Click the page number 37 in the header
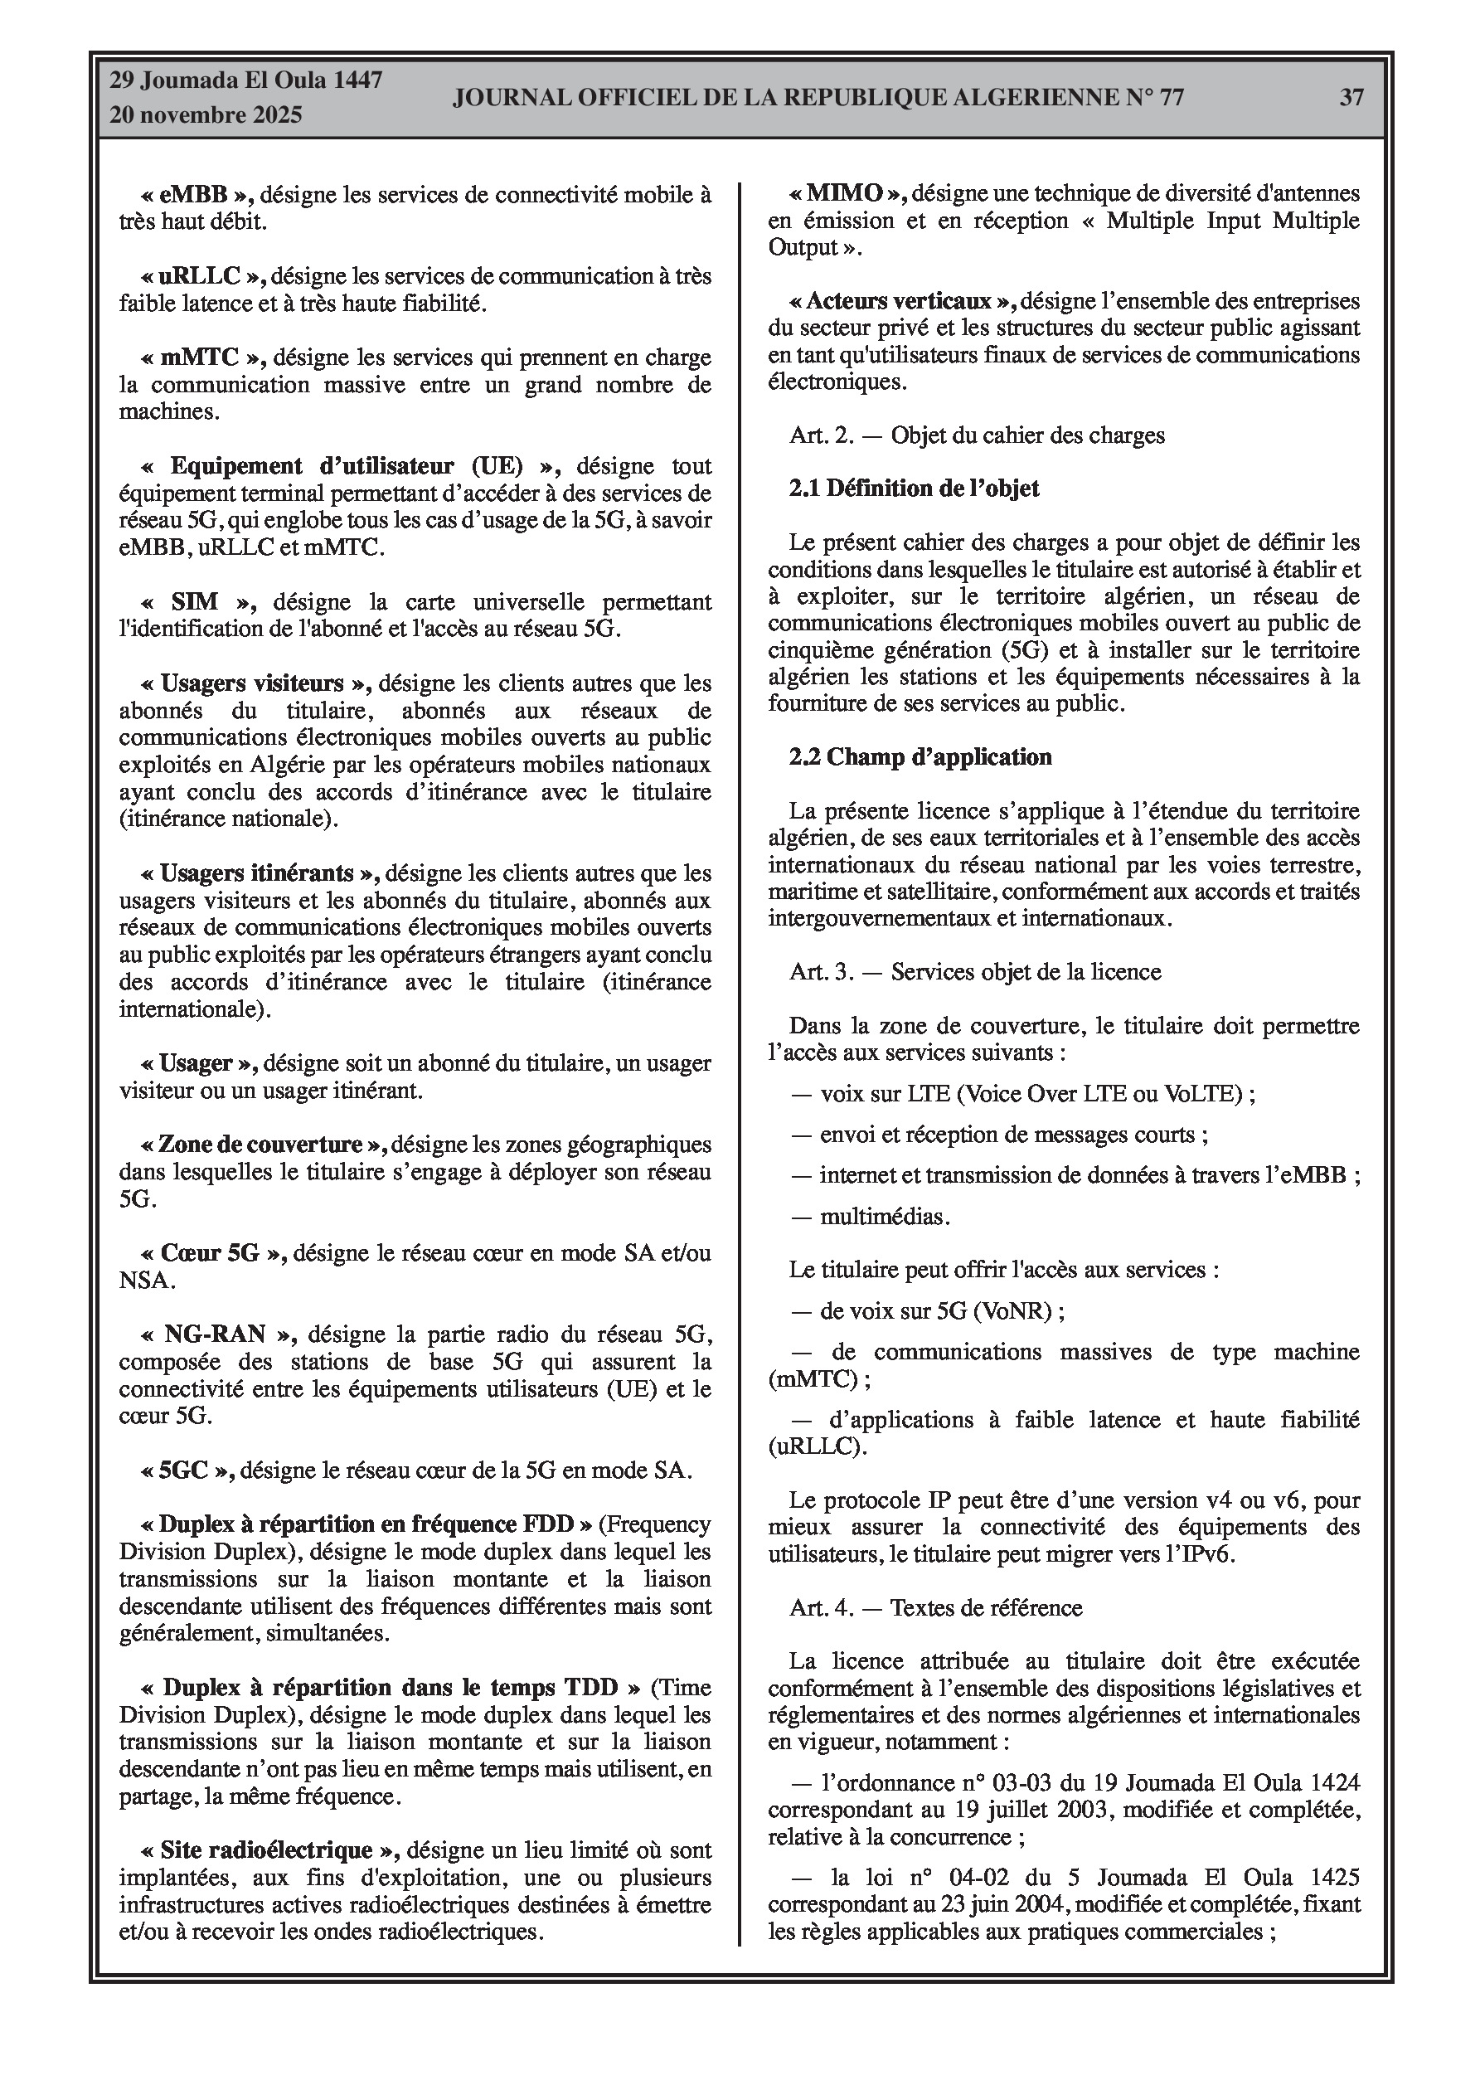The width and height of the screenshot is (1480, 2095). click(1351, 97)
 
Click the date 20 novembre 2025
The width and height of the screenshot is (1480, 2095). click(206, 115)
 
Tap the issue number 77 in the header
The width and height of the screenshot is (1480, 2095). click(1171, 97)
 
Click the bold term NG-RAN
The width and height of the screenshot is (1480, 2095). click(215, 1334)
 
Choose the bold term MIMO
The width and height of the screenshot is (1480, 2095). click(845, 193)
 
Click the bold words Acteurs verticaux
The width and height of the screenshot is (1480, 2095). click(899, 301)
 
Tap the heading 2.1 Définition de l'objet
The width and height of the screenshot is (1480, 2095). click(915, 489)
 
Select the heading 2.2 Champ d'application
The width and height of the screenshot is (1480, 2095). click(920, 757)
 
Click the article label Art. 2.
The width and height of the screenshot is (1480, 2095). click(821, 435)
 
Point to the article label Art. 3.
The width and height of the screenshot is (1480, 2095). click(821, 972)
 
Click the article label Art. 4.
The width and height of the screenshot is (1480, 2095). click(821, 1608)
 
